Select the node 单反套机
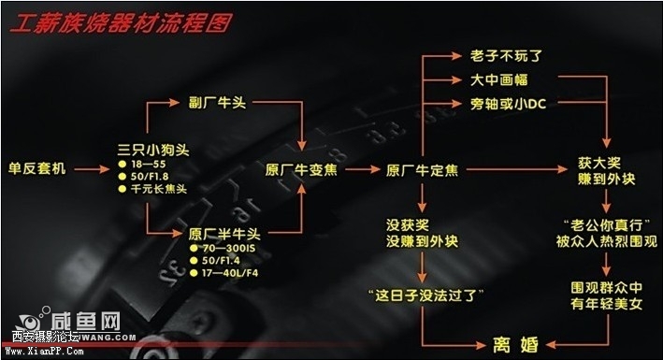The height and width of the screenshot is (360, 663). click(x=36, y=170)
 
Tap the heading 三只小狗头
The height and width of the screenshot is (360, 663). click(x=151, y=149)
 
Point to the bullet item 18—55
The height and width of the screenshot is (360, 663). click(x=149, y=164)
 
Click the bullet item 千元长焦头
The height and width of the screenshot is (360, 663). click(x=160, y=189)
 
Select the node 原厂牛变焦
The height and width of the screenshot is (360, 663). click(x=301, y=170)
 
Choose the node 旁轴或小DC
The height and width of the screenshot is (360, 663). click(x=509, y=103)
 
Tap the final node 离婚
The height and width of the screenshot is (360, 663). click(x=515, y=344)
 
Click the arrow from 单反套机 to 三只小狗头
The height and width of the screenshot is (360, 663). click(x=92, y=170)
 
